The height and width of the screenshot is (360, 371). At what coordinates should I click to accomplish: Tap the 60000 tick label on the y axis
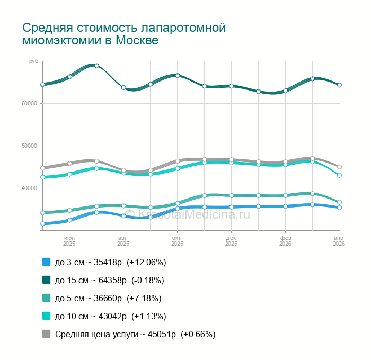pyautogui.click(x=29, y=103)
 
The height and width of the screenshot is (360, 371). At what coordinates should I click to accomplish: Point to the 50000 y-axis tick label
pyautogui.click(x=29, y=146)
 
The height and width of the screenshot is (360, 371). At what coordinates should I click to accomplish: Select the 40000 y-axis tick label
pyautogui.click(x=29, y=188)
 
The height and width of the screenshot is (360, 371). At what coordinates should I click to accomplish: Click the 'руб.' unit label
pyautogui.click(x=34, y=62)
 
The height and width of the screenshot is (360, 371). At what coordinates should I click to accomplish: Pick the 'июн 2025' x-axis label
pyautogui.click(x=69, y=241)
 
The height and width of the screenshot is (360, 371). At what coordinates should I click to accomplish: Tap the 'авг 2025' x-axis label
pyautogui.click(x=123, y=241)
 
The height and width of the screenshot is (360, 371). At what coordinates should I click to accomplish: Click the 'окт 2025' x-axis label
pyautogui.click(x=178, y=241)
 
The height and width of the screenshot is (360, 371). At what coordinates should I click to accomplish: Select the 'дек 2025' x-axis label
pyautogui.click(x=232, y=241)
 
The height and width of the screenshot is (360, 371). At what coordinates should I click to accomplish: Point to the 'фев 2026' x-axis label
pyautogui.click(x=285, y=241)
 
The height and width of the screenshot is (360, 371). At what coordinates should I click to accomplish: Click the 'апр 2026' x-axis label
pyautogui.click(x=339, y=241)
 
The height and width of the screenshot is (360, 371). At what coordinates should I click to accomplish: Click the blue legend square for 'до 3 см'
pyautogui.click(x=46, y=262)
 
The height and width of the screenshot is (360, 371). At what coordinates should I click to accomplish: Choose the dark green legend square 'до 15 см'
pyautogui.click(x=46, y=280)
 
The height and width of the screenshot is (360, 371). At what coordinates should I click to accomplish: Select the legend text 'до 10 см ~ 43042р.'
pyautogui.click(x=110, y=316)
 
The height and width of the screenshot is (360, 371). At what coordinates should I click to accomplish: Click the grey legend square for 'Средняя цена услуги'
pyautogui.click(x=46, y=334)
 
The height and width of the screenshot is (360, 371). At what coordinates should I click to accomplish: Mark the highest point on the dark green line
pyautogui.click(x=96, y=66)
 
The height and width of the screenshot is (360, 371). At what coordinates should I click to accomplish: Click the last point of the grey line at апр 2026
pyautogui.click(x=339, y=167)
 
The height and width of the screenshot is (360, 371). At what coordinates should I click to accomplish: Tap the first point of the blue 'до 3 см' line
pyautogui.click(x=42, y=224)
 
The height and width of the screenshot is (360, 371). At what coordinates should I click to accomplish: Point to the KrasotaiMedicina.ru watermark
pyautogui.click(x=194, y=214)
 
